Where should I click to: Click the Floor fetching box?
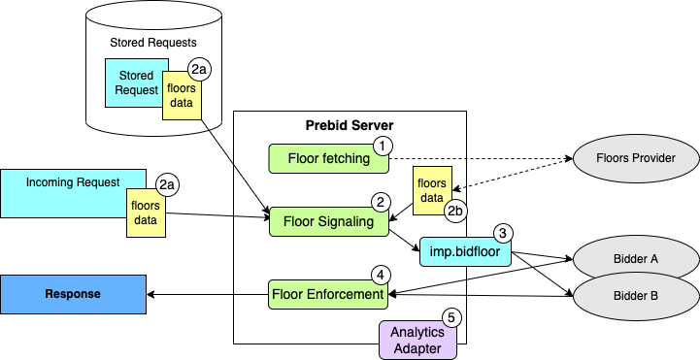click(x=328, y=158)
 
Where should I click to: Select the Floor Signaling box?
click(x=328, y=222)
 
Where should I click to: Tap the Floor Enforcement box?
click(x=328, y=293)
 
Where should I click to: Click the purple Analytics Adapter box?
click(x=417, y=340)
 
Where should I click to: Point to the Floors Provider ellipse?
click(x=636, y=158)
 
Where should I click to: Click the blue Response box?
click(x=73, y=294)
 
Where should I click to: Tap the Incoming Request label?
click(x=73, y=181)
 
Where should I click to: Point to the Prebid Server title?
click(x=350, y=126)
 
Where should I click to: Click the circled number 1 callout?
click(x=383, y=145)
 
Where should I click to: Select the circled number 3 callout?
click(x=502, y=233)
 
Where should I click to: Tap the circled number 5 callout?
click(x=450, y=317)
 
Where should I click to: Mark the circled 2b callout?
click(x=456, y=210)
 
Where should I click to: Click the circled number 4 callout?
click(x=382, y=274)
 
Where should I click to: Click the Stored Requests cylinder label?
click(x=153, y=43)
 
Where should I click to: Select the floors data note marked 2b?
click(x=430, y=190)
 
